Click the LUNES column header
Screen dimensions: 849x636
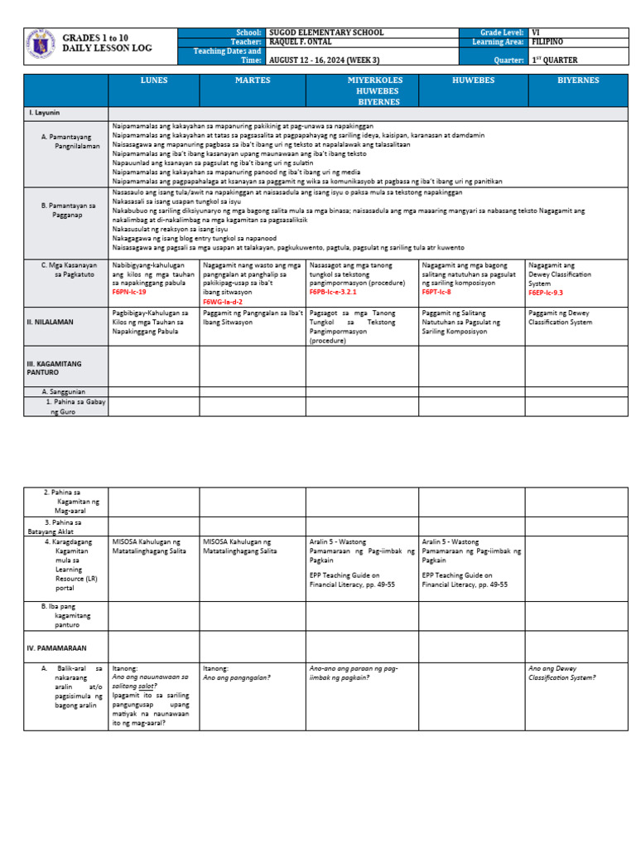(153, 80)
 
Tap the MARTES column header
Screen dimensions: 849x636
(252, 80)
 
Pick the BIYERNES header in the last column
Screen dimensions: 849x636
(577, 80)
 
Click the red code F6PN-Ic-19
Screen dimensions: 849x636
(129, 293)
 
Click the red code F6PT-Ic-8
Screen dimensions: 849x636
(436, 293)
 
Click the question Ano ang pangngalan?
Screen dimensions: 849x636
(237, 677)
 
